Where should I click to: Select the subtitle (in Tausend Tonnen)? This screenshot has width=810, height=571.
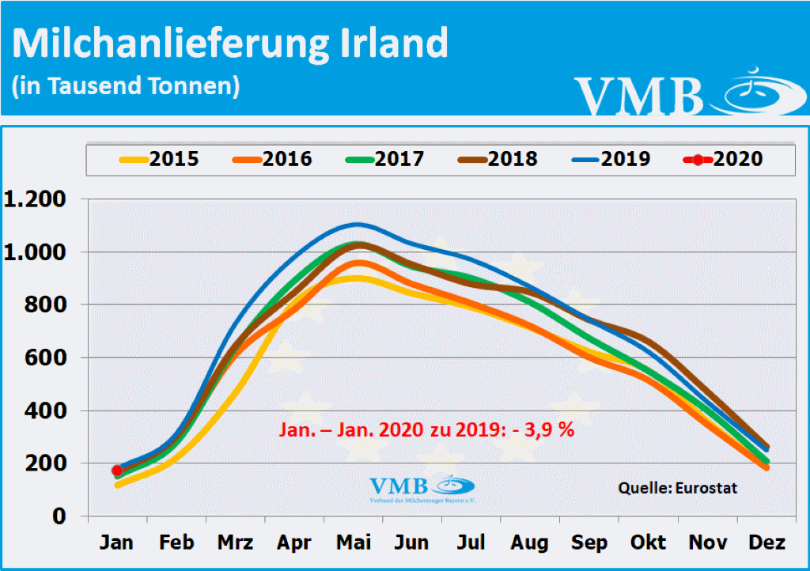[x=126, y=85]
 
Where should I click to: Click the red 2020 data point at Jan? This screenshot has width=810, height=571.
[x=117, y=471]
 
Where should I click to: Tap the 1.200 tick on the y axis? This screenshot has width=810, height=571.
[x=35, y=200]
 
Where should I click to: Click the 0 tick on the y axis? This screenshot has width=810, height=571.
[x=60, y=516]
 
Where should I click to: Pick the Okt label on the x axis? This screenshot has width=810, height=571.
[x=648, y=543]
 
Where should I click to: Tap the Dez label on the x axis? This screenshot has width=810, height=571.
[x=766, y=543]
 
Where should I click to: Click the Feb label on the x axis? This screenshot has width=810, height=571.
[x=176, y=543]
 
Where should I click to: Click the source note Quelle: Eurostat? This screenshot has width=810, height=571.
[x=677, y=488]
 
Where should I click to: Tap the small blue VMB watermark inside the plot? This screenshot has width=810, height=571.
[x=421, y=488]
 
